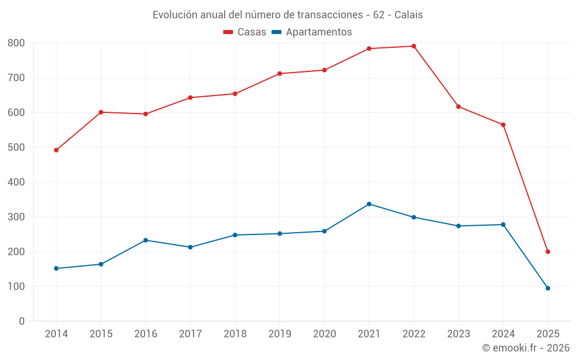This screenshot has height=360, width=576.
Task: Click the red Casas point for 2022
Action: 414,46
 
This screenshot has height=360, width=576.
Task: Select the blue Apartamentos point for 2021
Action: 369,204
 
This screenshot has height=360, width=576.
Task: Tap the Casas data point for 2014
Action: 56,150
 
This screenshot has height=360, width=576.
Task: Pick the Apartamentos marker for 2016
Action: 146,240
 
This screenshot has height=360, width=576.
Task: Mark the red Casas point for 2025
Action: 548,252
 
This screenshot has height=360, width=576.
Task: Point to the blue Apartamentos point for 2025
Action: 548,288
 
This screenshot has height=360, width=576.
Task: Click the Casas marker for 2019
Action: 280,74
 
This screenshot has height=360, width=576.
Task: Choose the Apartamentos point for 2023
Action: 458,226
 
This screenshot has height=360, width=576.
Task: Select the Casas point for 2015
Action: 101,112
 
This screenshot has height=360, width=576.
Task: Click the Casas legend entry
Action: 245,32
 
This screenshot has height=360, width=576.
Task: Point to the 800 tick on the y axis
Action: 16,43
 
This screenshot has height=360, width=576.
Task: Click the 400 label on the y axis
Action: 16,183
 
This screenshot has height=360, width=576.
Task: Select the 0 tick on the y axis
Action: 22,321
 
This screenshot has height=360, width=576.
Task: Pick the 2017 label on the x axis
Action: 190,334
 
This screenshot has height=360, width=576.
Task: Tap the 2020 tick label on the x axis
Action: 324,334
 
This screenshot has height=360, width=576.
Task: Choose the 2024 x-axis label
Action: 503,334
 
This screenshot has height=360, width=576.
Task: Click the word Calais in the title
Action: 408,15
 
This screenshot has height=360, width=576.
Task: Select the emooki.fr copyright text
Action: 526,348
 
